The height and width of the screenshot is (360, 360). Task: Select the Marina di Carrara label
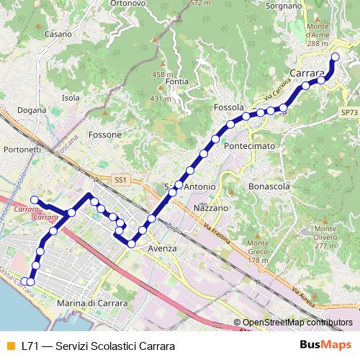tap(91, 304)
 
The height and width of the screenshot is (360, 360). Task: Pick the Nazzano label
tap(211, 207)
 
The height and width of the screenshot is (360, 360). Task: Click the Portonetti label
tap(22, 149)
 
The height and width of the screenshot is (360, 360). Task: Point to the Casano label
tap(57, 34)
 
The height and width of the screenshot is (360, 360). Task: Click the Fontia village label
tap(176, 81)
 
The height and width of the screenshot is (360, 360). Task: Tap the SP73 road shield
tap(349, 113)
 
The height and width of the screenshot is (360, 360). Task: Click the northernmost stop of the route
tap(335, 57)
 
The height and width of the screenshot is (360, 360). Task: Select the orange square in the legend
tap(10, 346)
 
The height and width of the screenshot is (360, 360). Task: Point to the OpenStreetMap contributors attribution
tap(297, 323)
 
